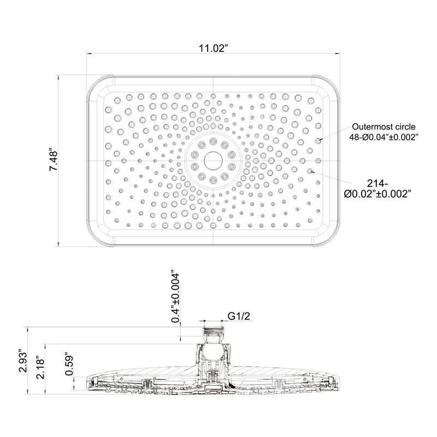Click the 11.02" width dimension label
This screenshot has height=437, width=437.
[x=213, y=48]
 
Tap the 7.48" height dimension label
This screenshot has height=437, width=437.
[x=53, y=160]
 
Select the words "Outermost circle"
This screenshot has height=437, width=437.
[x=383, y=127]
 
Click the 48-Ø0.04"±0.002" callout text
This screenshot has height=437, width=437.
[x=384, y=137]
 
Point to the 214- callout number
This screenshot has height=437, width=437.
[x=377, y=184]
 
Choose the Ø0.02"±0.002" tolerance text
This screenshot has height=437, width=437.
[x=377, y=194]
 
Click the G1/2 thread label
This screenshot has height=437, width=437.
[x=239, y=316]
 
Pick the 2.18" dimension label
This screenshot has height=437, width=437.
[x=40, y=367]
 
